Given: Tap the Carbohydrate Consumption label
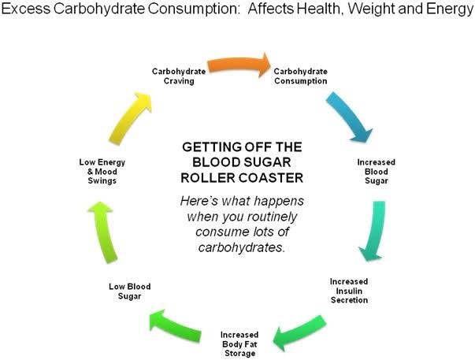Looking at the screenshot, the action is click(x=300, y=76).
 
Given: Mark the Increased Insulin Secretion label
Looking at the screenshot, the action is click(x=347, y=290).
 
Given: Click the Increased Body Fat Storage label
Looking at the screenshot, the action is click(x=238, y=344).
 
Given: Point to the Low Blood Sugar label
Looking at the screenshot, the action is click(x=128, y=291).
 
